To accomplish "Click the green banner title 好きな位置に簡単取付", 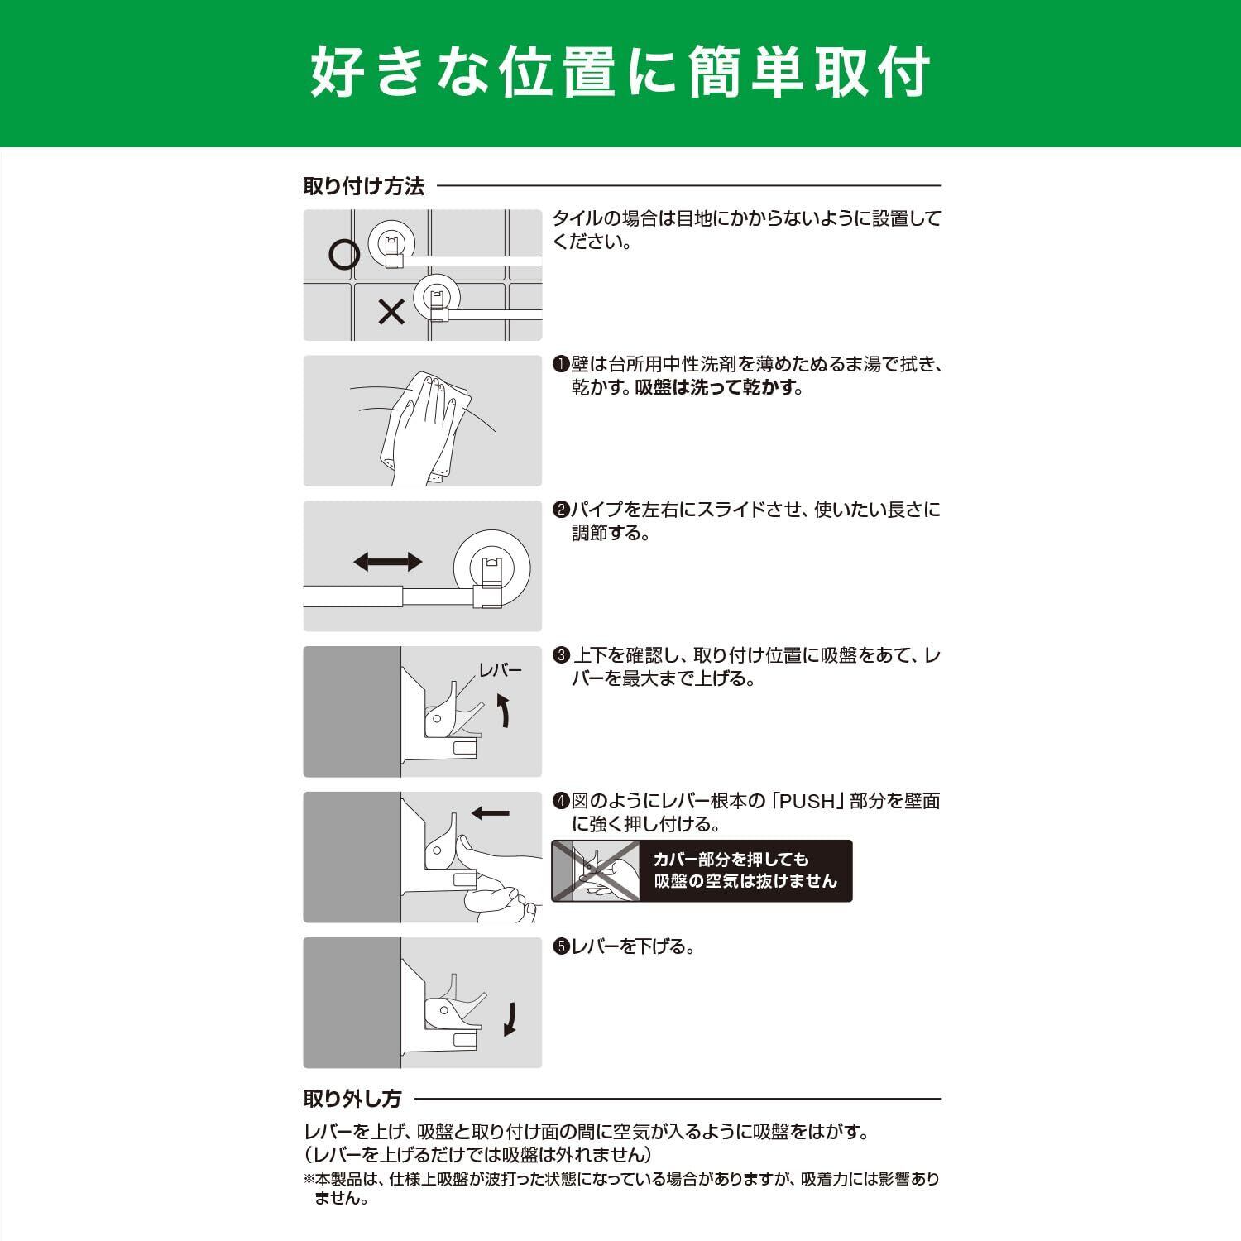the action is point(620,73).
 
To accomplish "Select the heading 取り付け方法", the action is point(363,186).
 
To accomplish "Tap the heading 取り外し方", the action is point(352,1099).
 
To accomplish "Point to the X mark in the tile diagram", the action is point(391,311).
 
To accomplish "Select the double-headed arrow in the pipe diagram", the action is point(387,563).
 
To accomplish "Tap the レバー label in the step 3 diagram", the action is point(501,669).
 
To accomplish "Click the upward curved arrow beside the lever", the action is point(505,711).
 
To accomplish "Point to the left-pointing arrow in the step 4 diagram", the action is point(491,813).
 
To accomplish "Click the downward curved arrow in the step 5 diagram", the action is point(511,1018).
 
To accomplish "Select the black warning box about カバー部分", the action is point(702,870).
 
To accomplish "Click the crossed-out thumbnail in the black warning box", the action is point(597,870).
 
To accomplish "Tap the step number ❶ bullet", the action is point(561,364).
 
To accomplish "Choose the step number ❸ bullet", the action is point(561,655).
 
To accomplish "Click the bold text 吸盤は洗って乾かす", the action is point(716,387).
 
